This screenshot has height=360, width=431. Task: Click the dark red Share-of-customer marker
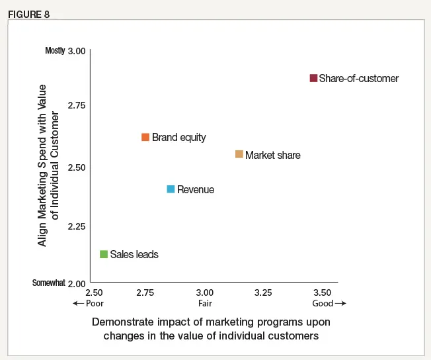313,78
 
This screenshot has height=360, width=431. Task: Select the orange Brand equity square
145,137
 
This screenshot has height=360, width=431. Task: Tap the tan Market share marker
239,154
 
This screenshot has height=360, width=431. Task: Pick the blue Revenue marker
171,189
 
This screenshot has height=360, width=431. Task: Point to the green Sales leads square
103,254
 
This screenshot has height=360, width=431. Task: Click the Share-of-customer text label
359,78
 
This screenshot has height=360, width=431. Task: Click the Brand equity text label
179,138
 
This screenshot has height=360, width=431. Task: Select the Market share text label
273,155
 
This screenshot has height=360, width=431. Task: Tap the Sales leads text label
134,254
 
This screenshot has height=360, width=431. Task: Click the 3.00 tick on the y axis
77,51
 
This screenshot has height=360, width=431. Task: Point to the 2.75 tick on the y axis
77,105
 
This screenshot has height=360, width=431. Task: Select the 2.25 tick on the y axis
77,227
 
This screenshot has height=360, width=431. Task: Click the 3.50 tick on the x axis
322,292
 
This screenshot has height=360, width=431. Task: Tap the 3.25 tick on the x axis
263,292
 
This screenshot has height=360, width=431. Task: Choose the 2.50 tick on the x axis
95,292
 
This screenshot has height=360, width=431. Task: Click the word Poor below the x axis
95,304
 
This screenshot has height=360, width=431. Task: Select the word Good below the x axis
323,304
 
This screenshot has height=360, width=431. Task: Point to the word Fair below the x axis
205,304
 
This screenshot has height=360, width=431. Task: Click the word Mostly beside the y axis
55,50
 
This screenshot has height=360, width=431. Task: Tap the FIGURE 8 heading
28,15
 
